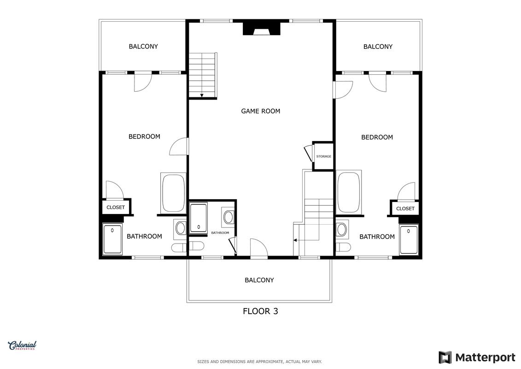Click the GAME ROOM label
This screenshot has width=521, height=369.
click(261, 111)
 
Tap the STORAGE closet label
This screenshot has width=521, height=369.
click(324, 156)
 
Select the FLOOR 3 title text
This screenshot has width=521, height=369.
click(261, 311)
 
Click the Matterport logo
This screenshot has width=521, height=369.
click(477, 357)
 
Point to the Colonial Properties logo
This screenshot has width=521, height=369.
click(22, 345)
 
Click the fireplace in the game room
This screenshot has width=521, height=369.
click(262, 29)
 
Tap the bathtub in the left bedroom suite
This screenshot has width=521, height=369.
click(173, 193)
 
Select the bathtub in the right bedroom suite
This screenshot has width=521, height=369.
click(349, 192)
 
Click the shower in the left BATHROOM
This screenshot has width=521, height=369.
click(112, 239)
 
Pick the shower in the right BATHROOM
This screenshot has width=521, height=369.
click(409, 240)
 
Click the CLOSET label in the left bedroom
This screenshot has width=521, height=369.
click(116, 207)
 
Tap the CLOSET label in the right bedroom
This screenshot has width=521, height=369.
click(405, 208)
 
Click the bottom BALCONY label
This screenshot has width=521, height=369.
click(259, 280)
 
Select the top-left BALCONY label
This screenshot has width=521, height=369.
click(143, 47)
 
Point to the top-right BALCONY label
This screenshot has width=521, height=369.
click(378, 47)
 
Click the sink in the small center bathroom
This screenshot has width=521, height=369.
click(228, 217)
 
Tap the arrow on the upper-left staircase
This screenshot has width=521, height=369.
click(202, 95)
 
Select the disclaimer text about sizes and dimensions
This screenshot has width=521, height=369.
click(259, 362)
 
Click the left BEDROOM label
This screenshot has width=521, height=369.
click(144, 137)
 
